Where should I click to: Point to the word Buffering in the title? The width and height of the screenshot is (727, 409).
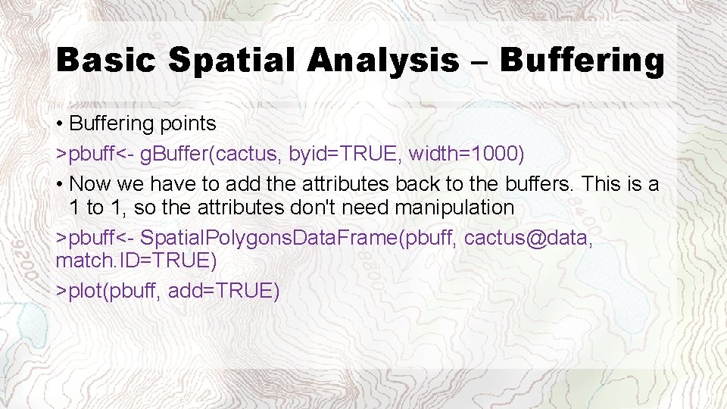(x=582, y=61)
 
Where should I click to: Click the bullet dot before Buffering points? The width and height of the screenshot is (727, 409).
(x=60, y=124)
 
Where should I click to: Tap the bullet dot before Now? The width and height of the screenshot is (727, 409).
(x=60, y=185)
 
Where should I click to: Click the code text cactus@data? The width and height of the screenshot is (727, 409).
(x=529, y=238)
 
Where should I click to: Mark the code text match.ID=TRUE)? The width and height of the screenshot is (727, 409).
(x=136, y=261)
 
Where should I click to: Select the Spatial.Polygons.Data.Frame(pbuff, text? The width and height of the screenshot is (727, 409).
(x=300, y=238)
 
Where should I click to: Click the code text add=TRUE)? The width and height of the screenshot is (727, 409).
(x=224, y=291)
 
